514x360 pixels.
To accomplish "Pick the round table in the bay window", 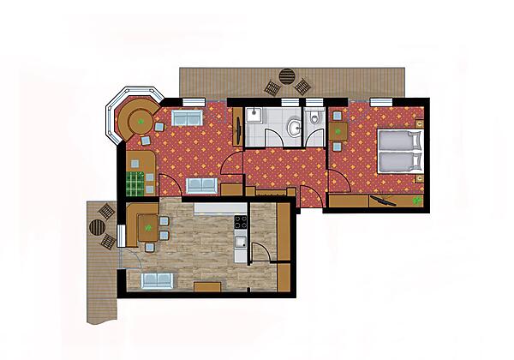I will [x=134, y=120].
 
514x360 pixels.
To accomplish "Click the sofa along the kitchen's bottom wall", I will [x=159, y=279].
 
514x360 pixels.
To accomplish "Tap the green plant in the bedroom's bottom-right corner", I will [x=415, y=201].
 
